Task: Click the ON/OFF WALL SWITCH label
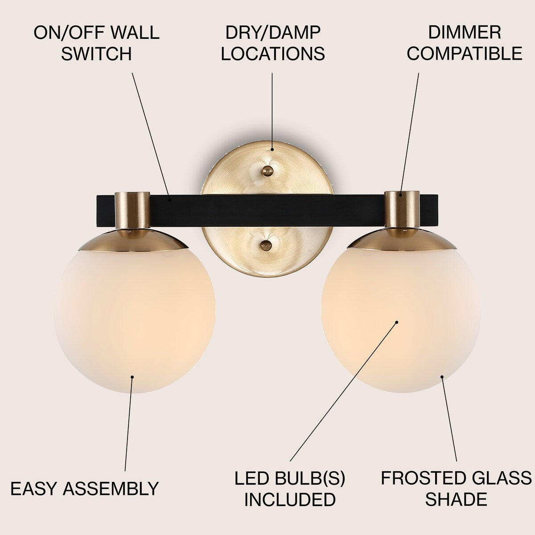pyautogui.click(x=96, y=43)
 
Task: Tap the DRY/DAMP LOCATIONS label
pyautogui.click(x=273, y=43)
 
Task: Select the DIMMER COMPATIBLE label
pyautogui.click(x=464, y=43)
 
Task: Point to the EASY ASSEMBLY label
pyautogui.click(x=85, y=489)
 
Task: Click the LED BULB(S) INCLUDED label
pyautogui.click(x=290, y=489)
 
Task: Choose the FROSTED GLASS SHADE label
pyautogui.click(x=456, y=489)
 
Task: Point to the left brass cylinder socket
pyautogui.click(x=132, y=210)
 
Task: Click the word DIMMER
pyautogui.click(x=464, y=33)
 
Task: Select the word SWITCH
pyautogui.click(x=96, y=54)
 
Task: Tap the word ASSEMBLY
pyautogui.click(x=111, y=489)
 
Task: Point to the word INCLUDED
pyautogui.click(x=290, y=499)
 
